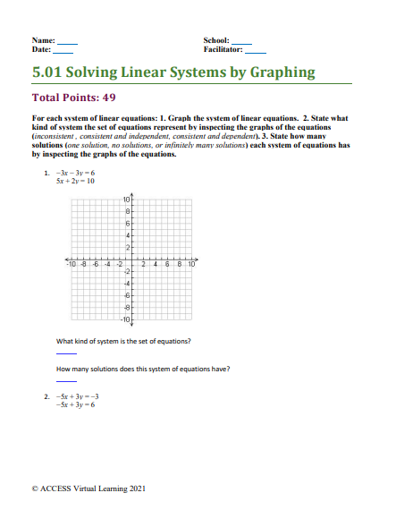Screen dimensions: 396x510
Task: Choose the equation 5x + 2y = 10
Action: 74,180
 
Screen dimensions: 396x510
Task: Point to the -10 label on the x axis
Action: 71,264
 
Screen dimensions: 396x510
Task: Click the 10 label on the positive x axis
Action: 191,264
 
